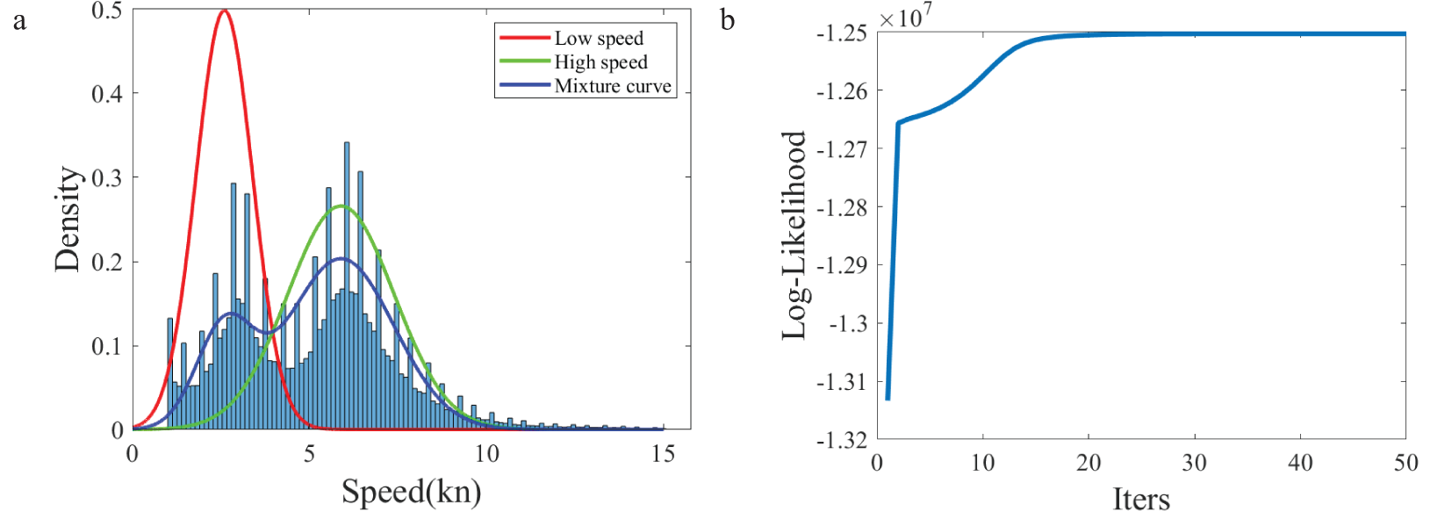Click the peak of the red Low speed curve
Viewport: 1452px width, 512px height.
click(225, 11)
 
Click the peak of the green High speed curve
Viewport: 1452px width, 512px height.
click(342, 206)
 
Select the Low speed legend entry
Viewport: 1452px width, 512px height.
click(599, 39)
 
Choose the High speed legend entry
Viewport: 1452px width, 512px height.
click(600, 62)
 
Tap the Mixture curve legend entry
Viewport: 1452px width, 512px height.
click(612, 86)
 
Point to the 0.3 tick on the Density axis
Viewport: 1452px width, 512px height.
click(107, 178)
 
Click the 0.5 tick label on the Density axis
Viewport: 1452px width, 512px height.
click(107, 11)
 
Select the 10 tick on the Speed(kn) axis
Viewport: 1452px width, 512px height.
click(486, 453)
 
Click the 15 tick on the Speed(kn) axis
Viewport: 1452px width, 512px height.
click(663, 453)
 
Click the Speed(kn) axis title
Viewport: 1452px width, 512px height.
click(411, 491)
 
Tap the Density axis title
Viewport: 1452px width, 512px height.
click(68, 220)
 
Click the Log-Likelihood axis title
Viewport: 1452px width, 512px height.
click(794, 235)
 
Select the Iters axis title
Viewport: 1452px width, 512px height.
click(1140, 499)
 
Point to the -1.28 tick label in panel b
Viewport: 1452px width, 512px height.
click(841, 208)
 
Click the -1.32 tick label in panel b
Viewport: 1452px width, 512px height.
click(841, 440)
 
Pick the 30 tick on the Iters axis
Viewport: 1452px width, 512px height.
click(1194, 463)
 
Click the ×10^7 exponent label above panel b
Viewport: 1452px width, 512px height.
click(905, 17)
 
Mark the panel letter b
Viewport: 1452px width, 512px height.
click(727, 20)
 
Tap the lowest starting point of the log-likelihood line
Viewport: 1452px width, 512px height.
click(888, 398)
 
